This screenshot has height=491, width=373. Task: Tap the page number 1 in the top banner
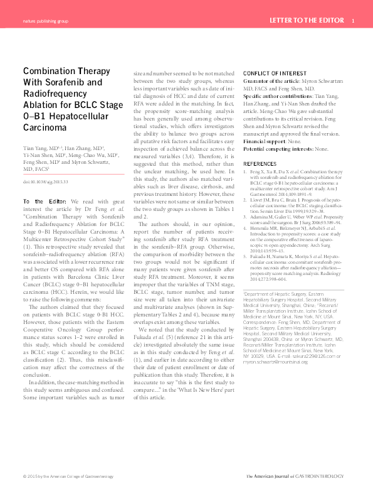point(354,21)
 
